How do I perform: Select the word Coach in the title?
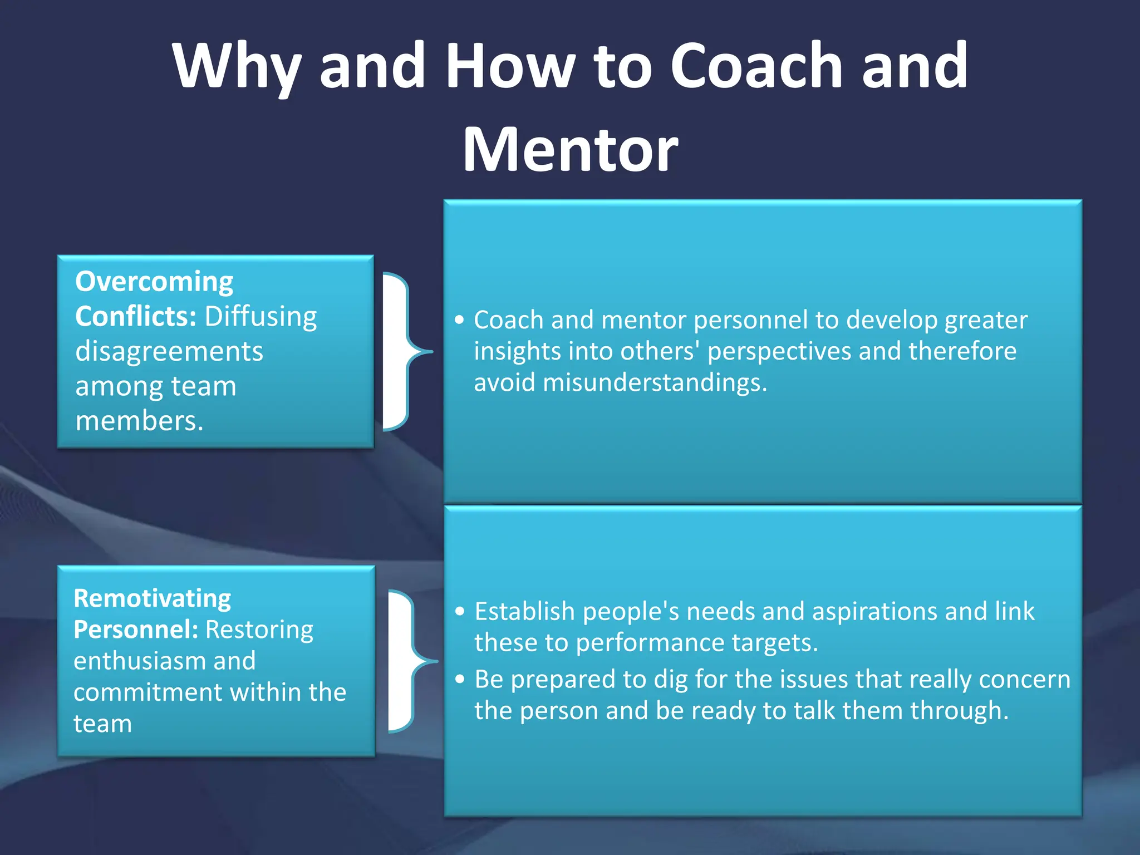[x=757, y=66]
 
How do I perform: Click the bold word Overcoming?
[x=154, y=282]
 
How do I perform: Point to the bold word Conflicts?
[x=136, y=316]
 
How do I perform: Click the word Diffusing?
[x=261, y=316]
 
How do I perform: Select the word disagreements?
[x=169, y=351]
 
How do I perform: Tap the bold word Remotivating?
[x=152, y=598]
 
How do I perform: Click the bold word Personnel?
[x=136, y=630]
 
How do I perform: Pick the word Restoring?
[x=259, y=630]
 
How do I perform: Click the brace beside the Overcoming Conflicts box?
[x=406, y=352]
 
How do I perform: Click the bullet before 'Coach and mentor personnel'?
[x=459, y=320]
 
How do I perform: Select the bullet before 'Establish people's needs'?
[x=460, y=611]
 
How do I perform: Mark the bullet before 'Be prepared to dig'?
[x=460, y=679]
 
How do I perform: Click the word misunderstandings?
[x=655, y=382]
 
